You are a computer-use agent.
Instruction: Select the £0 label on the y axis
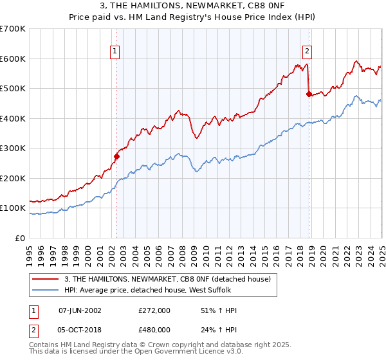tap(21, 238)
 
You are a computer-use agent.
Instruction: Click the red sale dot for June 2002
tap(117, 156)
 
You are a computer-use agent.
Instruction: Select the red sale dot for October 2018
tap(309, 94)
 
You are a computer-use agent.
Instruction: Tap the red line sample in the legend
tap(46, 279)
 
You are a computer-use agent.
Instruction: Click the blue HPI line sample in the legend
tap(46, 290)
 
